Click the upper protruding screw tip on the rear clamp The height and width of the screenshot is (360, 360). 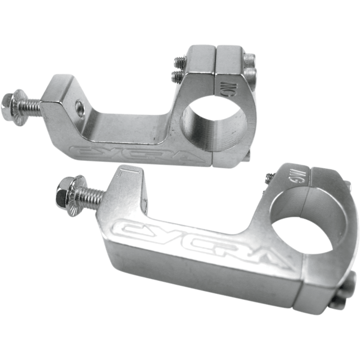178,60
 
